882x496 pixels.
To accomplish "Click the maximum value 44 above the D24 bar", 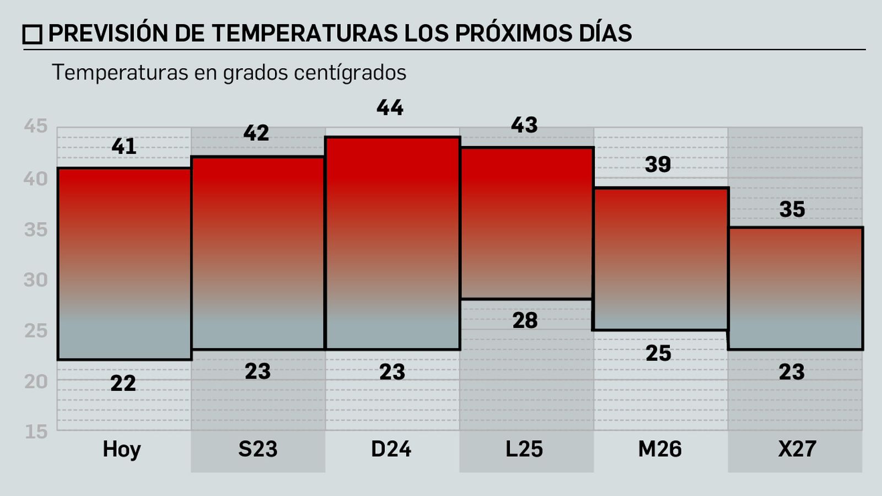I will (x=390, y=108).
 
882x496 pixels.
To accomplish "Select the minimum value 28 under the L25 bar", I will (x=525, y=321).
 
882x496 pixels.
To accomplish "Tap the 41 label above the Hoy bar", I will (x=123, y=147).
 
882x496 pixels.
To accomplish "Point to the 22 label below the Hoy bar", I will (x=123, y=384).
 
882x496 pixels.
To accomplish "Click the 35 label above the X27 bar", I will (x=792, y=209).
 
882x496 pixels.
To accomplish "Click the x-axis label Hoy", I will (x=122, y=450).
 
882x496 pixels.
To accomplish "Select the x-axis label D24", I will (x=391, y=449).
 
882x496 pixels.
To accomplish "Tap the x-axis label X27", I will (x=797, y=449).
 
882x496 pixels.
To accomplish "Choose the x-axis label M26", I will (x=660, y=449).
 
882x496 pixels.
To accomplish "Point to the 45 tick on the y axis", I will (x=36, y=127).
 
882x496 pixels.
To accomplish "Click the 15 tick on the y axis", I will (x=36, y=432).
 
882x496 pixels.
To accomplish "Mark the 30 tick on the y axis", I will (x=36, y=280).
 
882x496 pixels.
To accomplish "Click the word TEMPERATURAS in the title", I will (x=304, y=34).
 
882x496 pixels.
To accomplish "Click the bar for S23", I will (x=258, y=254).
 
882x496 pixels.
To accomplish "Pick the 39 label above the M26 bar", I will (x=658, y=165).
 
